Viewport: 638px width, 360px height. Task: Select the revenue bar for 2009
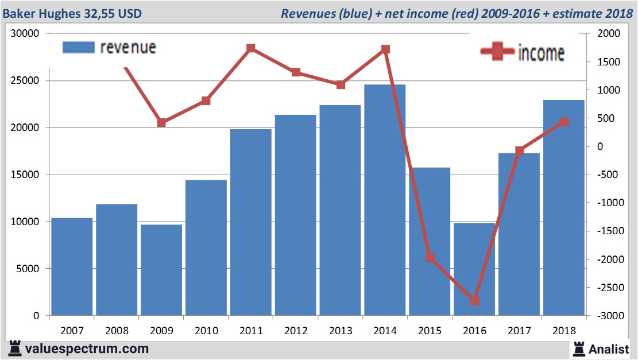pyautogui.click(x=161, y=270)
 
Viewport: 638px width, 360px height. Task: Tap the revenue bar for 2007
pyautogui.click(x=72, y=266)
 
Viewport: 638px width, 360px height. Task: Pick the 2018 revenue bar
pyautogui.click(x=563, y=207)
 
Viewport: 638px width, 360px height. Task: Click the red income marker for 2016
pyautogui.click(x=474, y=301)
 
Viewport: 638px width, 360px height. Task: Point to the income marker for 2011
pyautogui.click(x=251, y=48)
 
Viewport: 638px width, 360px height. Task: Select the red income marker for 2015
pyautogui.click(x=430, y=257)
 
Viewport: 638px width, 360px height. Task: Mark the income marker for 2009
pyautogui.click(x=161, y=122)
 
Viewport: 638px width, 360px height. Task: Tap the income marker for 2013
pyautogui.click(x=341, y=84)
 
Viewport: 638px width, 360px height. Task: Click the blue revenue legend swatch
pyautogui.click(x=78, y=48)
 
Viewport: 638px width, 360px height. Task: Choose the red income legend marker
pyautogui.click(x=497, y=52)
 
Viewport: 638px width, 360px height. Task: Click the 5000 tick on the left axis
pyautogui.click(x=27, y=269)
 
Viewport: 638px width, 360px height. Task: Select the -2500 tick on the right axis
pyautogui.click(x=609, y=288)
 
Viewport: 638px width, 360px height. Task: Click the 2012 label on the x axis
pyautogui.click(x=296, y=331)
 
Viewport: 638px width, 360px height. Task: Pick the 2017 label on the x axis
pyautogui.click(x=519, y=331)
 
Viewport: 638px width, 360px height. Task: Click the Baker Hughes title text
pyautogui.click(x=72, y=13)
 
